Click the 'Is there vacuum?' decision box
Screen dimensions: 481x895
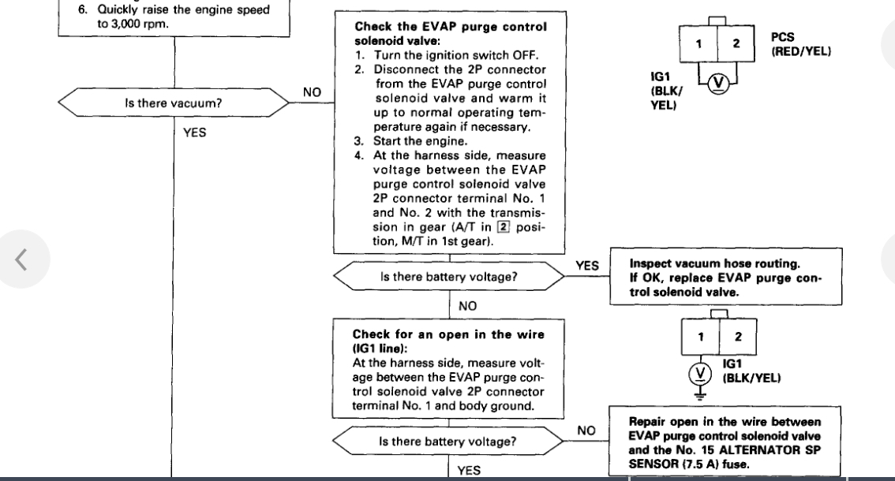click(174, 103)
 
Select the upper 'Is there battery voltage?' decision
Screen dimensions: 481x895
click(447, 277)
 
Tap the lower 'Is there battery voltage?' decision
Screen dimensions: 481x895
click(447, 442)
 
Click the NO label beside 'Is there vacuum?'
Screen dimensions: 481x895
click(312, 92)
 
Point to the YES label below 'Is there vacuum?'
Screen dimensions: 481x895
click(194, 133)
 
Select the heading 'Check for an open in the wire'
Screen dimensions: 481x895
click(448, 340)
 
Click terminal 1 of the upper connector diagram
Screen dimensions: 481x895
click(698, 44)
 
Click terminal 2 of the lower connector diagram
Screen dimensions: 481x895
click(738, 337)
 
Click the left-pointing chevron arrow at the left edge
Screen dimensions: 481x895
click(23, 259)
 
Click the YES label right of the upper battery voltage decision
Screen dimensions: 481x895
click(588, 266)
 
